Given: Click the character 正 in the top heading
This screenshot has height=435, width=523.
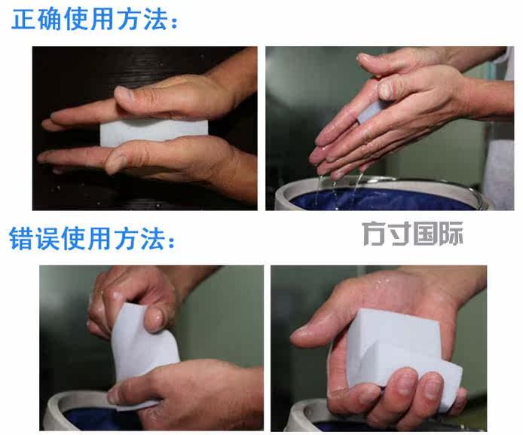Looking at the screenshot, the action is [23, 20].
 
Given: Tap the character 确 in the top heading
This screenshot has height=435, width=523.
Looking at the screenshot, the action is [50, 20].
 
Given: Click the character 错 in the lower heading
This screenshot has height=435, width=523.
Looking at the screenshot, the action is [21, 238].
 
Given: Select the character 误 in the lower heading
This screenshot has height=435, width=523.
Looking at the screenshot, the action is [47, 238].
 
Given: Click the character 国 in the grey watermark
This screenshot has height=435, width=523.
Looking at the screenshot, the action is [425, 234].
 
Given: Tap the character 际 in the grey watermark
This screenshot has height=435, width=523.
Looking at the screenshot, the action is [451, 234].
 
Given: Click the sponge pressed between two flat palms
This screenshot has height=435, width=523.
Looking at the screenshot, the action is [154, 132].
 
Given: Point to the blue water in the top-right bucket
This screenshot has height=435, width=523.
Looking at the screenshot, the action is [384, 200].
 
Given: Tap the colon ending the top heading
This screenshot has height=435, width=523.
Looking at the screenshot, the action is [174, 23].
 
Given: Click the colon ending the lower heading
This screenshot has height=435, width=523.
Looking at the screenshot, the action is [171, 241].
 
